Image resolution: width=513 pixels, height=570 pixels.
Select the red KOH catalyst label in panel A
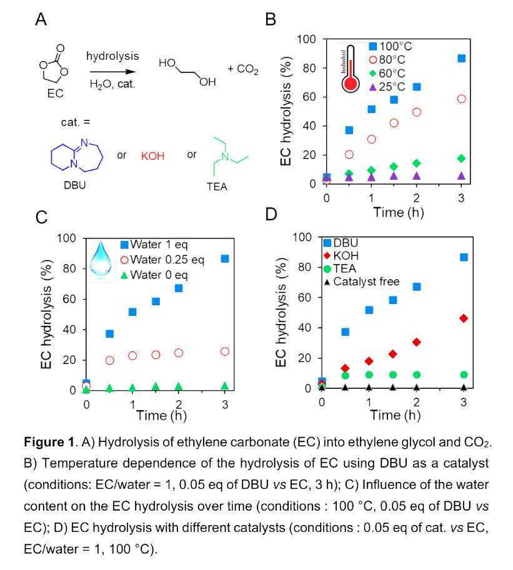(154, 155)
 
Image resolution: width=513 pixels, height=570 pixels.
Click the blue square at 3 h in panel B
(462, 58)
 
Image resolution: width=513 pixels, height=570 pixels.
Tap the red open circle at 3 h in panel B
(462, 99)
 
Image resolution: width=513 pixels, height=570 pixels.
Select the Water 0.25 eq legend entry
(162, 260)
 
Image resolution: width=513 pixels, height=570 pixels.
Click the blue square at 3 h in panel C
(225, 258)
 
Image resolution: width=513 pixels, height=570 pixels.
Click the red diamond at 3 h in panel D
(464, 318)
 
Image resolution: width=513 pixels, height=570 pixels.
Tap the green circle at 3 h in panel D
(464, 375)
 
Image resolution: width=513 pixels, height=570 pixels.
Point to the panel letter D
(271, 214)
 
